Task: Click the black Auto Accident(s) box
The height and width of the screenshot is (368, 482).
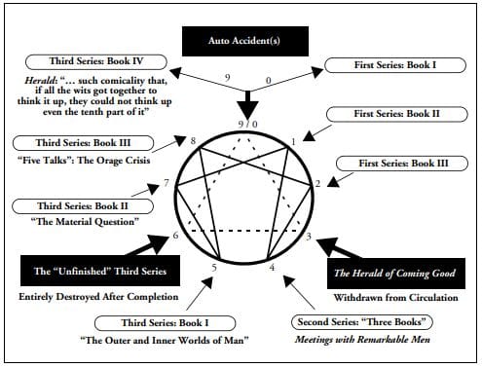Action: (241, 42)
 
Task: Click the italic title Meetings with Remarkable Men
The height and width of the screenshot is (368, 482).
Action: (362, 339)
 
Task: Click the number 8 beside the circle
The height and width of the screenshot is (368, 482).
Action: (193, 142)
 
